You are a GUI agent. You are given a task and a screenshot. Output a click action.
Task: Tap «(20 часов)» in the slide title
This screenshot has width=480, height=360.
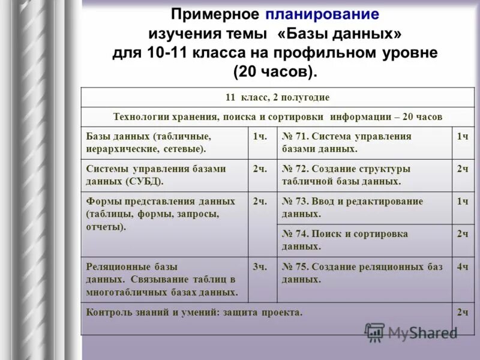[274, 72]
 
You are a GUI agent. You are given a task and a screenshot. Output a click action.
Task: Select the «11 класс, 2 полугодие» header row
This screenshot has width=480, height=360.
[277, 97]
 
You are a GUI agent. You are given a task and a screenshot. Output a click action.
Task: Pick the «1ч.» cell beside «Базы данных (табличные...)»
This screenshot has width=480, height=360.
[259, 137]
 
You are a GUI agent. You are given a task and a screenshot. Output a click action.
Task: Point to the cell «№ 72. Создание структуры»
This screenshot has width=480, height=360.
[364, 175]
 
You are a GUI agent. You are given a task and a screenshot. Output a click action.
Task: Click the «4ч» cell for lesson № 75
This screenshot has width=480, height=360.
[462, 267]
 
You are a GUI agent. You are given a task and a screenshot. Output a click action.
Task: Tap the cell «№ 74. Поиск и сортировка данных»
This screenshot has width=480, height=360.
[364, 240]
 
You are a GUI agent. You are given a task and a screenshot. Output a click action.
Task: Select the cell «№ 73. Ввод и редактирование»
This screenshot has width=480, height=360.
[364, 208]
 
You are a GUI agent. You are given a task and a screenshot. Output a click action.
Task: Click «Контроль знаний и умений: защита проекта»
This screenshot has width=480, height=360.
[194, 312]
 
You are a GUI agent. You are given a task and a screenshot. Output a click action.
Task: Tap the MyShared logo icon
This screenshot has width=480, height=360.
[375, 332]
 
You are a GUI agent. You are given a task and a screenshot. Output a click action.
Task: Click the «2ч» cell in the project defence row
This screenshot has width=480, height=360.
[462, 313]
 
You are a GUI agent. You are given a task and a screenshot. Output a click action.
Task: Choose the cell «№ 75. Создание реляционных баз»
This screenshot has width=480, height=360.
[364, 273]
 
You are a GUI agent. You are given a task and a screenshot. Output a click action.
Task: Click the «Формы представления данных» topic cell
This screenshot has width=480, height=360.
[164, 214]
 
